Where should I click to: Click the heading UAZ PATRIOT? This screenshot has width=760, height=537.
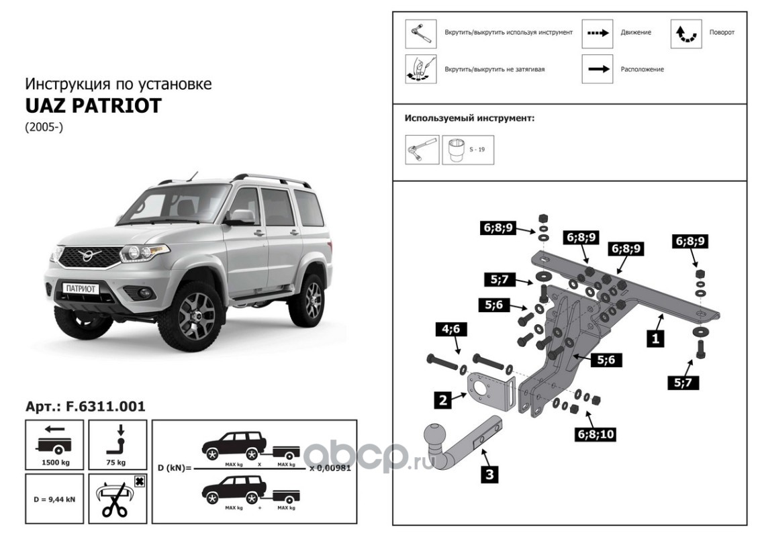pos(93,105)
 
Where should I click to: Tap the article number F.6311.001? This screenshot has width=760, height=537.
pos(85,406)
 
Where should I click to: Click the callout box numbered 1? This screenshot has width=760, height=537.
pos(655,339)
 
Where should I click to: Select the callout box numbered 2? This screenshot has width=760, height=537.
pos(443,401)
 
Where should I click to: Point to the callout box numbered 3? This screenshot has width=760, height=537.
pos(489,474)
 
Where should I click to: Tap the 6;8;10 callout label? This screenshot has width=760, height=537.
pos(593,435)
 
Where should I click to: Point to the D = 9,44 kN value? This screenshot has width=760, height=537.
pos(54,499)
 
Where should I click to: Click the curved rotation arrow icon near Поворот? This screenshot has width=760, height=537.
pos(686,33)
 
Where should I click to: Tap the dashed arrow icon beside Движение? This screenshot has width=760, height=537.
pos(598,33)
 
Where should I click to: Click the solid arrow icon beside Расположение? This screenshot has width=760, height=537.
pos(598,68)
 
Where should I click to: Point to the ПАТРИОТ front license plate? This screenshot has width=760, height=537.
pos(81,288)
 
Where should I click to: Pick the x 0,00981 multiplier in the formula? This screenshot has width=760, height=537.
pos(330,469)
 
